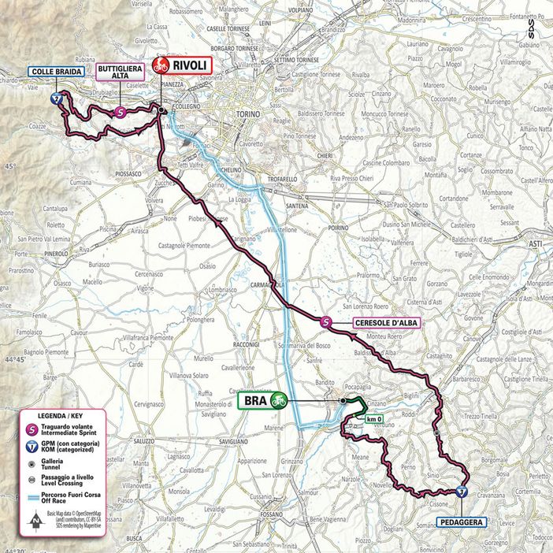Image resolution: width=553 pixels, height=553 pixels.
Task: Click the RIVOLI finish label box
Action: coord(182,65)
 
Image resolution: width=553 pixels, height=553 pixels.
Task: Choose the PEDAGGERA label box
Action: coord(461,521)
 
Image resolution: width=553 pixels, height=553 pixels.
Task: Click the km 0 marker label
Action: coord(374,418)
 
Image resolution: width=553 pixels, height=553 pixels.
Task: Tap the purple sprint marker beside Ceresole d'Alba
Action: coord(327,321)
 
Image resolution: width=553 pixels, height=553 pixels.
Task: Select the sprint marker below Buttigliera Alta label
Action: coord(119,113)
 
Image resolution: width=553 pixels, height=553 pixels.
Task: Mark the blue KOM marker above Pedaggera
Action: coord(460,492)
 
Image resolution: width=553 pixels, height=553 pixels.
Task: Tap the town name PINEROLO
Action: coord(34,254)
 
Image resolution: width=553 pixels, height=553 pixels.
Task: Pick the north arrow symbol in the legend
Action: coord(35,520)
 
